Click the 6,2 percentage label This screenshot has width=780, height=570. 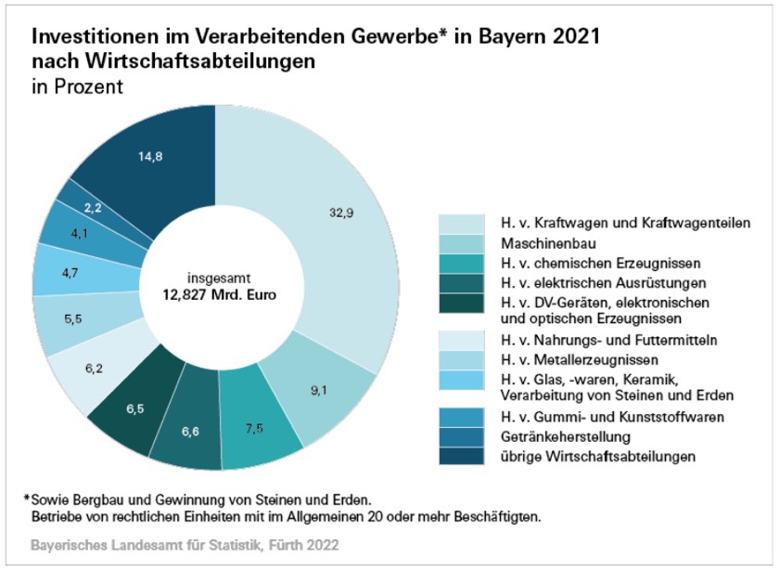pos(93,369)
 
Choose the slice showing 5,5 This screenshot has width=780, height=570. pos(71,320)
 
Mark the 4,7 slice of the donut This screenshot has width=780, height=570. pos(69,273)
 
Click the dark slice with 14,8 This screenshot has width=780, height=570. pos(152,156)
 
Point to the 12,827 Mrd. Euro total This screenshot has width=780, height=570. pos(209,295)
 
